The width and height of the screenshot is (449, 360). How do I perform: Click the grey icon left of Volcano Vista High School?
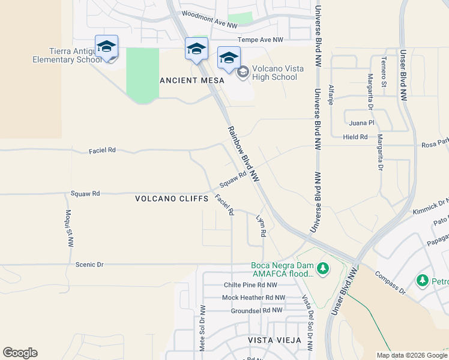(x=243, y=73)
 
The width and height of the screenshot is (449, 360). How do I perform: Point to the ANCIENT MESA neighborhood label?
(x=192, y=80)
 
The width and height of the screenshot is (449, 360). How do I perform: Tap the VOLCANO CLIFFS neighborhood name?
(x=172, y=198)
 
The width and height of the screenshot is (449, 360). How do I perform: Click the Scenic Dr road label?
(x=90, y=264)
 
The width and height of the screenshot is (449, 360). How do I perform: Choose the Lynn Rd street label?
(x=261, y=226)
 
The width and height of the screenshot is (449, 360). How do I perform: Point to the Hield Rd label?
(x=355, y=137)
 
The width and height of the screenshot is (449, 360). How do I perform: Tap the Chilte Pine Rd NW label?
(x=250, y=285)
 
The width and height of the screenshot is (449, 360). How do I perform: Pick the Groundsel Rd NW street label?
(x=256, y=310)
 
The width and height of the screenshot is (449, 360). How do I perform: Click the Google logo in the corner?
(x=20, y=353)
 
